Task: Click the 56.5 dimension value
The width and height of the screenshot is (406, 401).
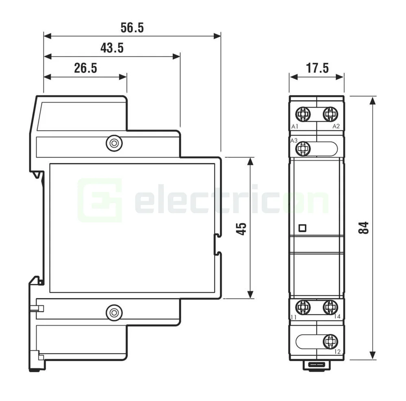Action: [132, 28]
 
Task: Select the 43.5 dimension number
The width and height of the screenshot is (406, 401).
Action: [112, 48]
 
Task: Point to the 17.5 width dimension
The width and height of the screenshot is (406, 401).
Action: [317, 68]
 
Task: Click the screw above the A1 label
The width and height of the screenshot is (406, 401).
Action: [303, 114]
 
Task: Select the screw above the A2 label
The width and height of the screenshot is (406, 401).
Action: [330, 114]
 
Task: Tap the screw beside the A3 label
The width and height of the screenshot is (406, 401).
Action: [303, 149]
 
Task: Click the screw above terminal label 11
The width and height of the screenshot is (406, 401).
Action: [303, 307]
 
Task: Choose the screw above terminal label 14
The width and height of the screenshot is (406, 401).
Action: [330, 307]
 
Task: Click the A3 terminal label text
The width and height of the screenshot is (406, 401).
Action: [294, 141]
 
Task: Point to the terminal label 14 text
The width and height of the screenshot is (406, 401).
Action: [337, 316]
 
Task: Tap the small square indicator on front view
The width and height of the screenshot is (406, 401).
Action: [302, 228]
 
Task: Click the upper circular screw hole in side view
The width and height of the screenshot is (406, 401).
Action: [113, 143]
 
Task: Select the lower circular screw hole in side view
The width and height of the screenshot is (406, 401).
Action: [113, 312]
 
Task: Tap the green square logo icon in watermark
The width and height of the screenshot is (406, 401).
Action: [100, 200]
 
